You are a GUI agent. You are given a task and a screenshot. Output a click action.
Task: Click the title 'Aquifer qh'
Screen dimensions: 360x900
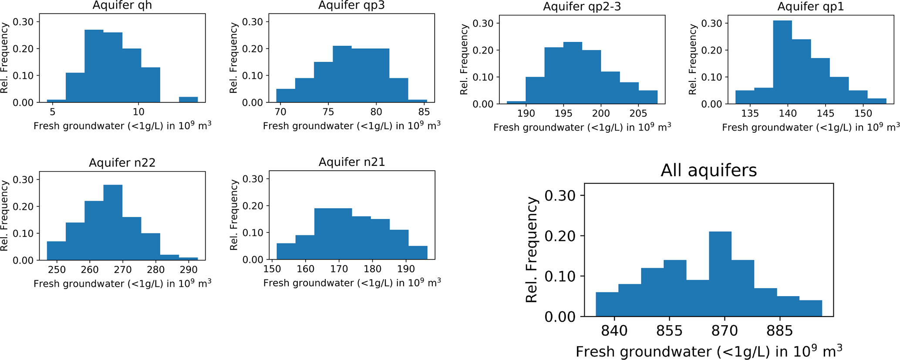pyautogui.click(x=122, y=6)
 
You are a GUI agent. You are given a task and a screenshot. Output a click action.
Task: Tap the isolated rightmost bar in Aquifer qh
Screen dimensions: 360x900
pyautogui.click(x=188, y=100)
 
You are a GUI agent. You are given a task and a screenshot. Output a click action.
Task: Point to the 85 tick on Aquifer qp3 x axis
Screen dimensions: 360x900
pyautogui.click(x=424, y=112)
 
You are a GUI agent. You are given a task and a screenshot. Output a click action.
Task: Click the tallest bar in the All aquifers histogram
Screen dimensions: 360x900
pyautogui.click(x=720, y=274)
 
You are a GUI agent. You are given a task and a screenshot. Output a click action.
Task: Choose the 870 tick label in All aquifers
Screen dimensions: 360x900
pyautogui.click(x=725, y=331)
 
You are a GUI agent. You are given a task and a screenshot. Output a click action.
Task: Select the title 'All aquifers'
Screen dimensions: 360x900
pyautogui.click(x=708, y=170)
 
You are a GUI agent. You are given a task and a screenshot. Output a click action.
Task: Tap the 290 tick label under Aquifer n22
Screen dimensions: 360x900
pyautogui.click(x=189, y=269)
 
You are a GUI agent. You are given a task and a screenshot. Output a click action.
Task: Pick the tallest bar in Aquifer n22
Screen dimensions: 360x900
pyautogui.click(x=113, y=222)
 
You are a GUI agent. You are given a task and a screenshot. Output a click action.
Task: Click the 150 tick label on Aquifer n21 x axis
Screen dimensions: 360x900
pyautogui.click(x=272, y=269)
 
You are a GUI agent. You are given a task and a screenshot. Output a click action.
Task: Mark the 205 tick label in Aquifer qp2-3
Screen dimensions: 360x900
pyautogui.click(x=638, y=114)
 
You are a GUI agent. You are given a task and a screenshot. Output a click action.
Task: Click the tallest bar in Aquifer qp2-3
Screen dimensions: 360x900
pyautogui.click(x=573, y=73)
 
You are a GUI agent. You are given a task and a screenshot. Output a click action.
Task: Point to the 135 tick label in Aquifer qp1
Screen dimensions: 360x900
pyautogui.click(x=750, y=114)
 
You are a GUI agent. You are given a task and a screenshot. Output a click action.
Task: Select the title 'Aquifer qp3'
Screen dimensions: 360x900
pyautogui.click(x=351, y=5)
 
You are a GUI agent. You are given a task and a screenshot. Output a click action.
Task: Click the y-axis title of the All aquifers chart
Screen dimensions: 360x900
pyautogui.click(x=532, y=250)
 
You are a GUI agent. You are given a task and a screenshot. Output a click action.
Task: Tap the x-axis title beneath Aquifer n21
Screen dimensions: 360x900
pyautogui.click(x=352, y=283)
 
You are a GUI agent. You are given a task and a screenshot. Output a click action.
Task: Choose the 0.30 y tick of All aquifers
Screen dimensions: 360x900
pyautogui.click(x=560, y=195)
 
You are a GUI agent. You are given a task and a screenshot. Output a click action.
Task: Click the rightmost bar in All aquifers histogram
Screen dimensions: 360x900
pyautogui.click(x=810, y=308)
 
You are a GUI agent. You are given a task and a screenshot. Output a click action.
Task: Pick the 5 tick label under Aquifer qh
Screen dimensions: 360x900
pyautogui.click(x=52, y=112)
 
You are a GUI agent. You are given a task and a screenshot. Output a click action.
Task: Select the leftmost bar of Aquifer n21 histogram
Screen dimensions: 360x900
pyautogui.click(x=286, y=251)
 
